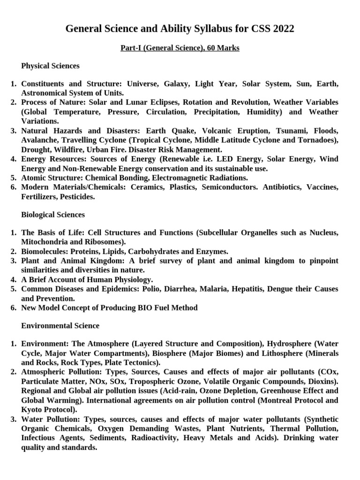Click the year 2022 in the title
point(282,29)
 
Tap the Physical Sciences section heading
point(50,66)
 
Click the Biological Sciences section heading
point(53,215)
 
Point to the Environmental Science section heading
point(60,325)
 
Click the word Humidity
point(262,112)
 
